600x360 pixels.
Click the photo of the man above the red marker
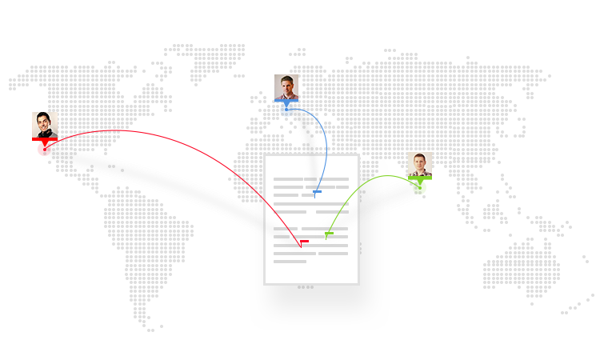tap(45, 125)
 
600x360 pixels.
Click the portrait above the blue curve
tap(286, 86)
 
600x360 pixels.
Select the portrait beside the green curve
tap(420, 164)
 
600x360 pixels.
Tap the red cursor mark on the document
tap(303, 242)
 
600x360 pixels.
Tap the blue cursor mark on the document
tap(317, 192)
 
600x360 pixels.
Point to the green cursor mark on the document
tap(329, 234)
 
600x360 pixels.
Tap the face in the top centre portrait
tap(286, 83)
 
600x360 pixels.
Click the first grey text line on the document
tap(311, 179)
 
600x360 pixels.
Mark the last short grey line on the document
tap(290, 262)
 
